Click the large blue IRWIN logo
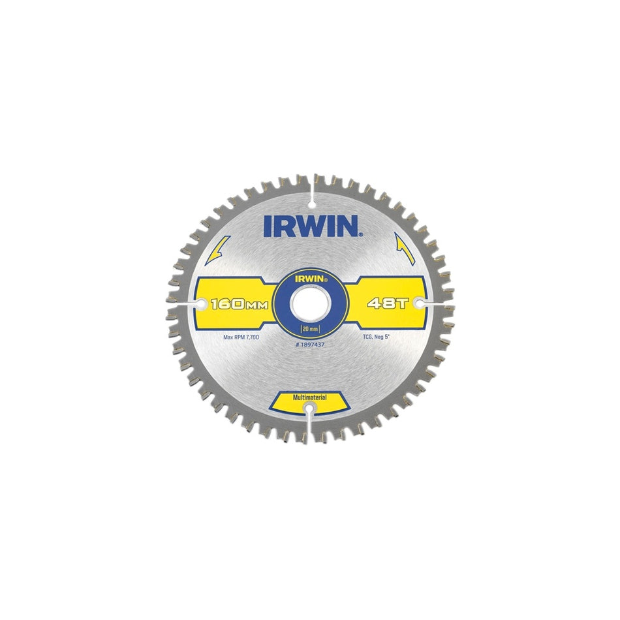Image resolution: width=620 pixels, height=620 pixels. click(x=311, y=225)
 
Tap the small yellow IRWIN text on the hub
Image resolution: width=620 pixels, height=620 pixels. click(x=310, y=277)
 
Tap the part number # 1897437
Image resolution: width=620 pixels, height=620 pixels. click(x=311, y=339)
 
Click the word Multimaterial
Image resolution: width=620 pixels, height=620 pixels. click(x=310, y=397)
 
